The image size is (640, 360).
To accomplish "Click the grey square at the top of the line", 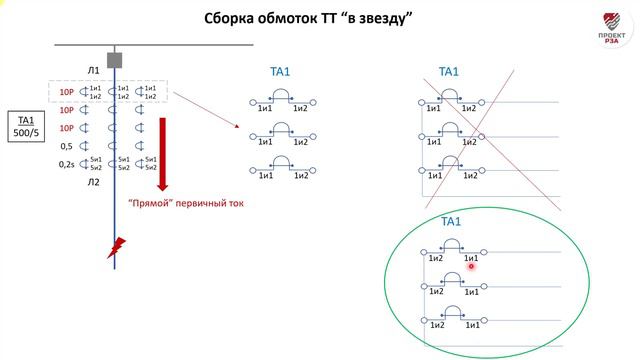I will tap(115, 60).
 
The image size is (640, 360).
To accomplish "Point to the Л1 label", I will tap(93, 70).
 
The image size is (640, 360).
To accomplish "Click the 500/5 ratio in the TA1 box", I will tap(26, 132).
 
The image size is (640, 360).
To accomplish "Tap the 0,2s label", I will tap(67, 162).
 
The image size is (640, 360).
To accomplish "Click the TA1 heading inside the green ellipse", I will tap(451, 221).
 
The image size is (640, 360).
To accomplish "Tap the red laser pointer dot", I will tap(469, 266).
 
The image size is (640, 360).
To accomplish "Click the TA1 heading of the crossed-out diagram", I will tap(449, 72).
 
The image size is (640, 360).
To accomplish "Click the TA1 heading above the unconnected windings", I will tap(281, 72).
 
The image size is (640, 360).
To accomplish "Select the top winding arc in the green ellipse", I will tap(450, 245).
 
